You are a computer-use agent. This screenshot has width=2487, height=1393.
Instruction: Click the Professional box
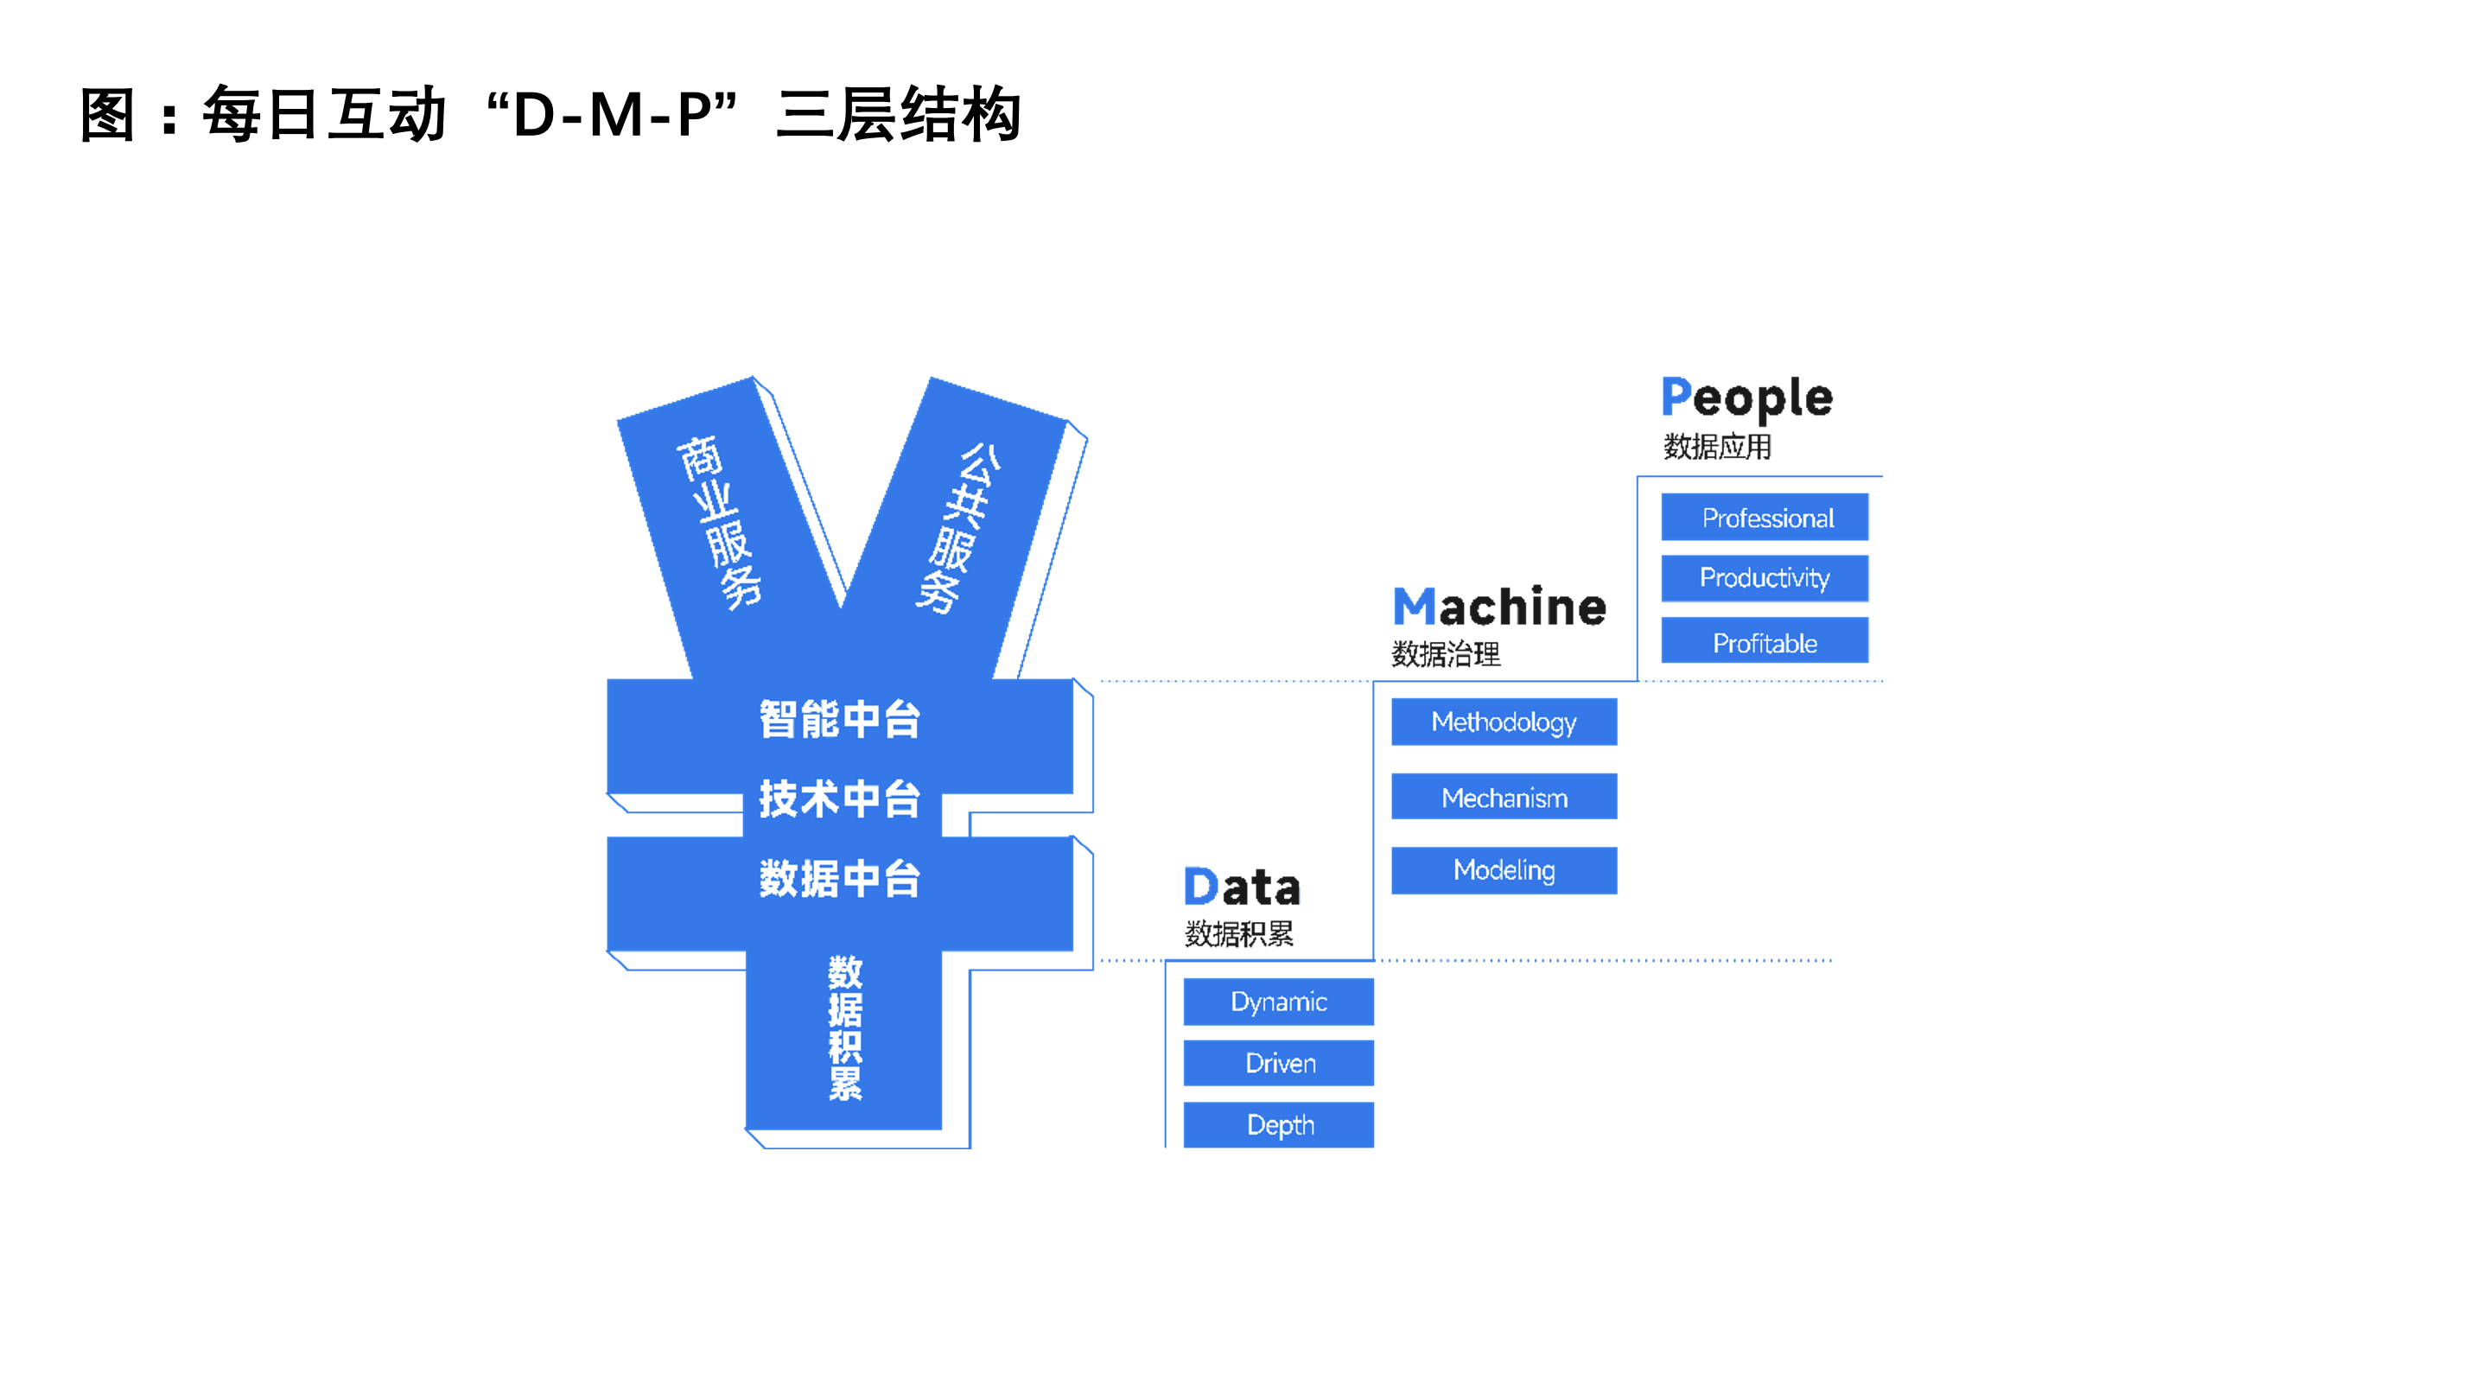coord(1764,518)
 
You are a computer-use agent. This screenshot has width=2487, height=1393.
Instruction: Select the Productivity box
coord(1764,578)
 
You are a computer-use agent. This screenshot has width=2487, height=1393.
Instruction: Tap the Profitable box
coord(1764,642)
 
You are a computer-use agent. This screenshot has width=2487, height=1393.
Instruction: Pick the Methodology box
coord(1504,722)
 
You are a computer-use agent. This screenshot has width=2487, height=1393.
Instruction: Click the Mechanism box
coord(1504,798)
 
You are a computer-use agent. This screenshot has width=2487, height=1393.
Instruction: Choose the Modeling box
coord(1504,870)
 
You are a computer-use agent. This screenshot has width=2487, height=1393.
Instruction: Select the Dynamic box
coord(1278,1002)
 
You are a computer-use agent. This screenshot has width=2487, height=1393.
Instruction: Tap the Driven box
coord(1278,1063)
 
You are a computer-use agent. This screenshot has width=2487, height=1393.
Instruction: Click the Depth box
coord(1278,1124)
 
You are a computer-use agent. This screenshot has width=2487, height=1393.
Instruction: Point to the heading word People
coord(1746,398)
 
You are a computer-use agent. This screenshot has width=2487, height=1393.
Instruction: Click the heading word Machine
coord(1498,607)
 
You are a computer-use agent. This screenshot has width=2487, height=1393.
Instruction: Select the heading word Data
coord(1242,887)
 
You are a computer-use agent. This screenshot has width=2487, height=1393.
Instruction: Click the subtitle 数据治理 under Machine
coord(1446,654)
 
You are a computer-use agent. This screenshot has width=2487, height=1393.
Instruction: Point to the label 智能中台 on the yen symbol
coord(839,719)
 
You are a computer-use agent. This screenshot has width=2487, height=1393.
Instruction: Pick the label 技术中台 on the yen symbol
coord(839,799)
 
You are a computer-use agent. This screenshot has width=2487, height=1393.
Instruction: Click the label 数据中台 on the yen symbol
coord(839,879)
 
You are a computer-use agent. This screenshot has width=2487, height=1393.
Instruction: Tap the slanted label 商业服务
coord(718,521)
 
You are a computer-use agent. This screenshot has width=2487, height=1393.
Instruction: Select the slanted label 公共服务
coord(958,527)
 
